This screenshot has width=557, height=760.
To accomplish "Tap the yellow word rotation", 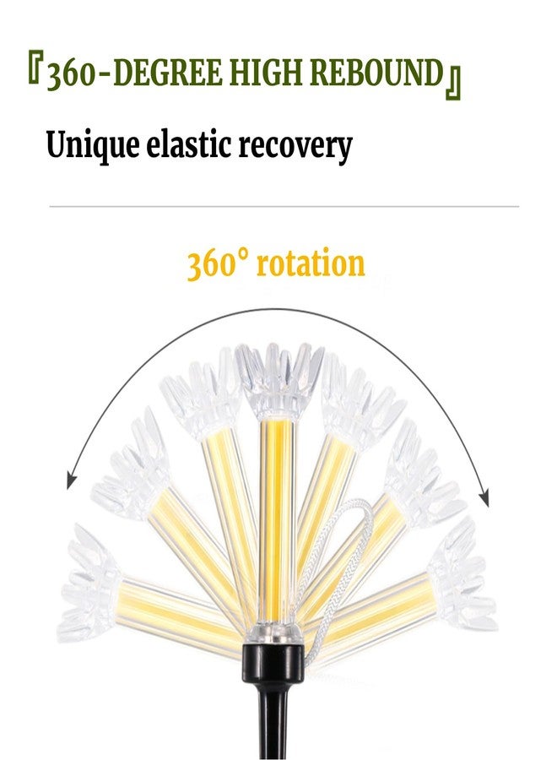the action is tap(311, 264).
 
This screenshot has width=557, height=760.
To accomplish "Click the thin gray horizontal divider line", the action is tap(284, 207).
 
